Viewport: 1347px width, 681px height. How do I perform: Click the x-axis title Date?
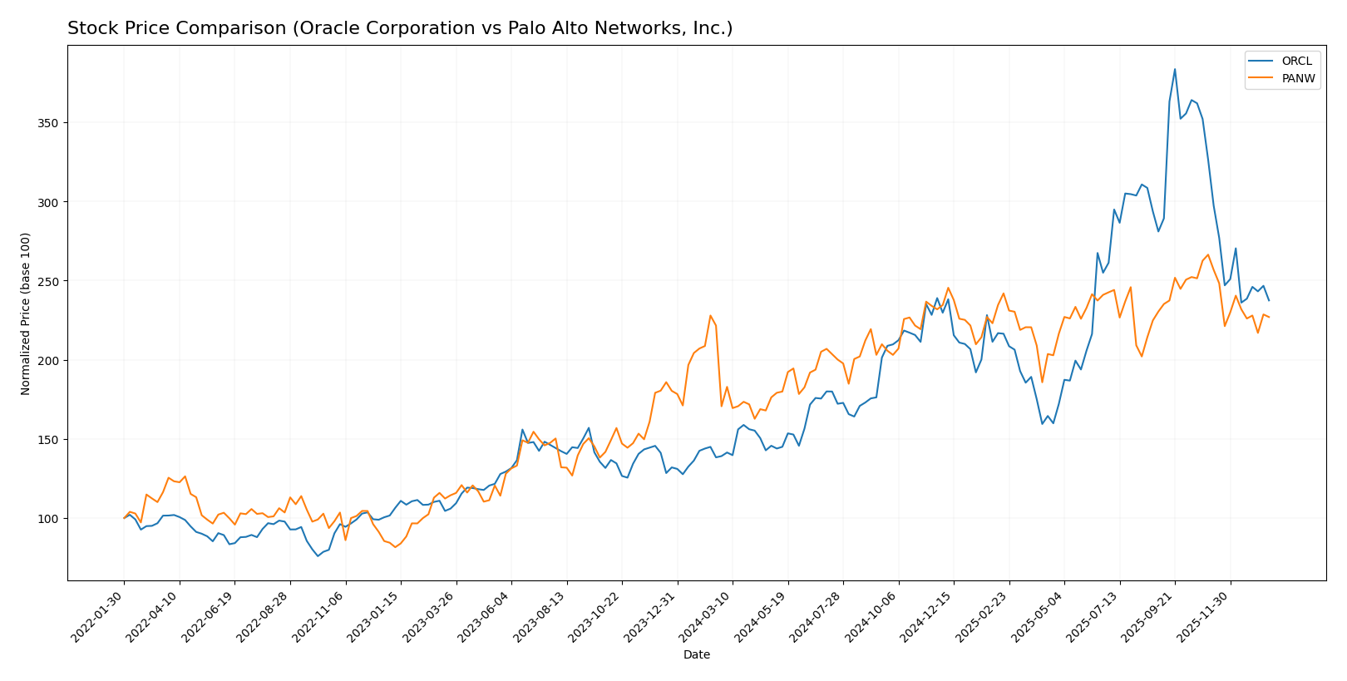pos(696,655)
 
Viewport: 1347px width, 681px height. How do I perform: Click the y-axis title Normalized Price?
pos(26,313)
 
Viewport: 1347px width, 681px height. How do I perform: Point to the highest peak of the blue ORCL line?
pos(1175,69)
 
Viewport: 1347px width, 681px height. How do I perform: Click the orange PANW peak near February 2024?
pos(710,316)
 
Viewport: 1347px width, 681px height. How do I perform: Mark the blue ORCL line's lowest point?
pos(318,555)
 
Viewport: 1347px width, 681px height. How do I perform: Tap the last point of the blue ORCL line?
pos(1269,300)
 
